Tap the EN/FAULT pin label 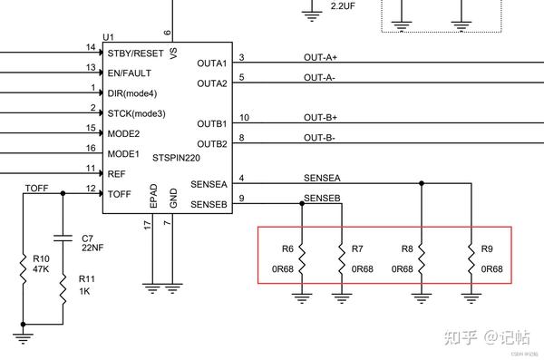130,73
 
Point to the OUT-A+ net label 319,57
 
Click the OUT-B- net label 319,138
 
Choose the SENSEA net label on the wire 323,179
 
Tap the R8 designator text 406,248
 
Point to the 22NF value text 93,247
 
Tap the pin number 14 90,46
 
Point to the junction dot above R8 421,182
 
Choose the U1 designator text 108,36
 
